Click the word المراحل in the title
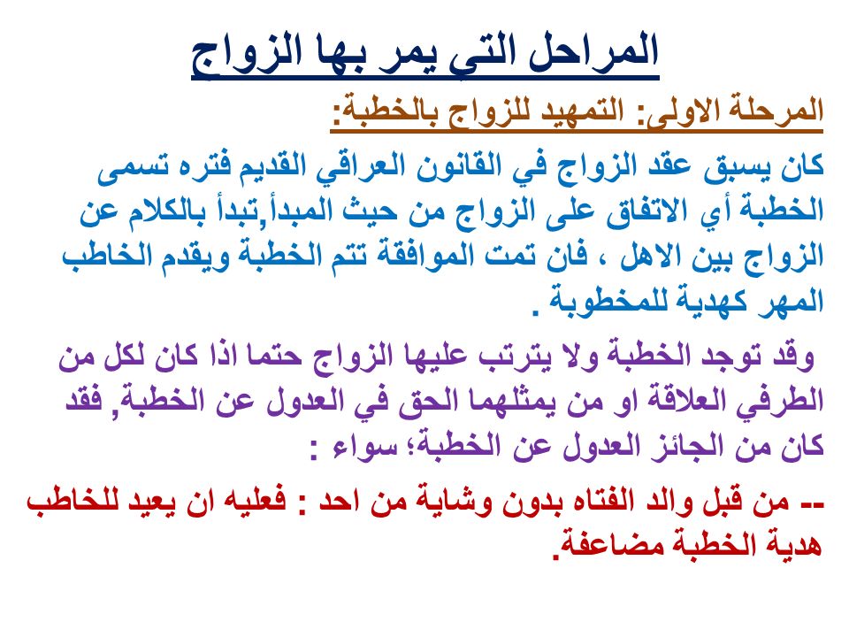(x=592, y=52)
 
